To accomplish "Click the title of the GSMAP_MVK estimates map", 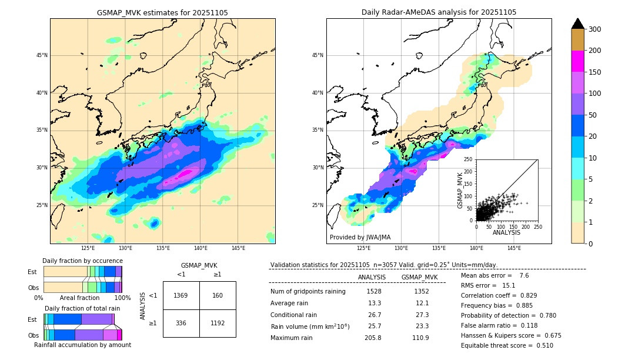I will [162, 12].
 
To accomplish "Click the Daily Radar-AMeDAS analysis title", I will [439, 12].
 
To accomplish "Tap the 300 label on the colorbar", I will [594, 29].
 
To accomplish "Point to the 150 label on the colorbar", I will [594, 72].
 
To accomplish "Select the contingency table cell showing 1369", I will [181, 295].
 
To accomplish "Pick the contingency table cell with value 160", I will [218, 295].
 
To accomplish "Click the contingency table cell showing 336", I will [181, 323].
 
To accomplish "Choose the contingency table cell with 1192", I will [218, 323].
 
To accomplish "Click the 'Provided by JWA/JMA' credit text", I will [360, 237].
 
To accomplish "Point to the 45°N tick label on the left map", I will [42, 55].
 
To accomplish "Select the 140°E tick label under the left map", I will [200, 248].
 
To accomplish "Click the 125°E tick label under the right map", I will [364, 248].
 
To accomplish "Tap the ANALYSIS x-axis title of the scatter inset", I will [506, 232].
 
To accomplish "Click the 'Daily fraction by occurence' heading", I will [82, 261].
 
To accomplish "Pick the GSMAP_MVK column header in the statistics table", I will [419, 277].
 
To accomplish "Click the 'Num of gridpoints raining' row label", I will [308, 291].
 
